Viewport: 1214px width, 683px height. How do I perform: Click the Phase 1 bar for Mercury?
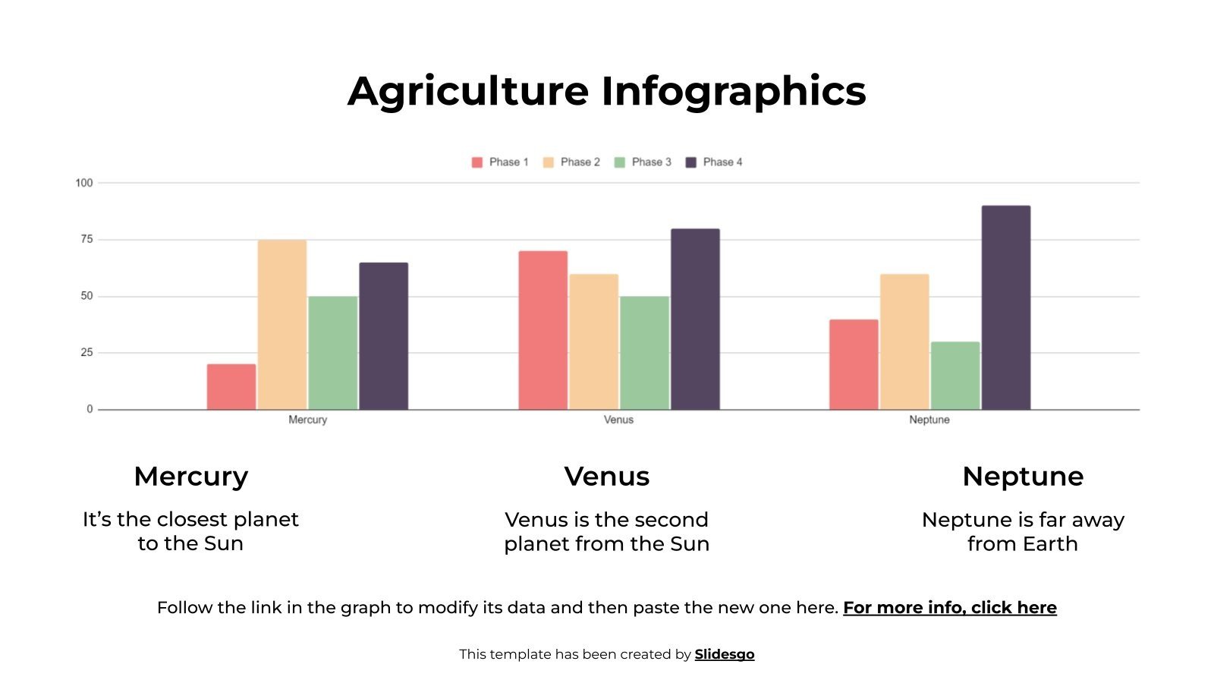pos(231,387)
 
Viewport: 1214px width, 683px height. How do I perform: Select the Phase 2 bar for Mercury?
pos(282,325)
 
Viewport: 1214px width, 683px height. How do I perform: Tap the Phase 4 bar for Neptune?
pos(1006,307)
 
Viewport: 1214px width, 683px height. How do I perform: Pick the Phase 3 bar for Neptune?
pos(955,376)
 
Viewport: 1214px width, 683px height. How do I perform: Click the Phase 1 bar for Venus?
pos(543,330)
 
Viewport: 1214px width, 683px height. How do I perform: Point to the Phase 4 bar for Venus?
pos(695,319)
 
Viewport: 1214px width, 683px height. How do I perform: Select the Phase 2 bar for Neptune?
pos(904,341)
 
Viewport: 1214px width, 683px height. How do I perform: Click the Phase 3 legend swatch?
pos(620,162)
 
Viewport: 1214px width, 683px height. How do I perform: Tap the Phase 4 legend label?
pos(722,162)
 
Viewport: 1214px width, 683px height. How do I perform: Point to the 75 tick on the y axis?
pos(86,239)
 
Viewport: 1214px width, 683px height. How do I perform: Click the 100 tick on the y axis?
pos(83,183)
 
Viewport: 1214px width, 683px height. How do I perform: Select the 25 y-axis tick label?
pos(86,352)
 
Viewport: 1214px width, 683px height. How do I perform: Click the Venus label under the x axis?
pos(618,420)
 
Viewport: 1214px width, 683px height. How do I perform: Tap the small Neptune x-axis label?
pos(929,420)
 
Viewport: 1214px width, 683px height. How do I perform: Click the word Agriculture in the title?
pos(468,91)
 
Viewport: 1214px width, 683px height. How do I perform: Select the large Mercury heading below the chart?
pos(190,477)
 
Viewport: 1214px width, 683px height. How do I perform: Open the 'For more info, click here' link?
pos(950,608)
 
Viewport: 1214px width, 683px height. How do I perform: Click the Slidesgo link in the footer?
pos(725,654)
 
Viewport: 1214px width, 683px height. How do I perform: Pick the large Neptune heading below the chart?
pos(1023,477)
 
